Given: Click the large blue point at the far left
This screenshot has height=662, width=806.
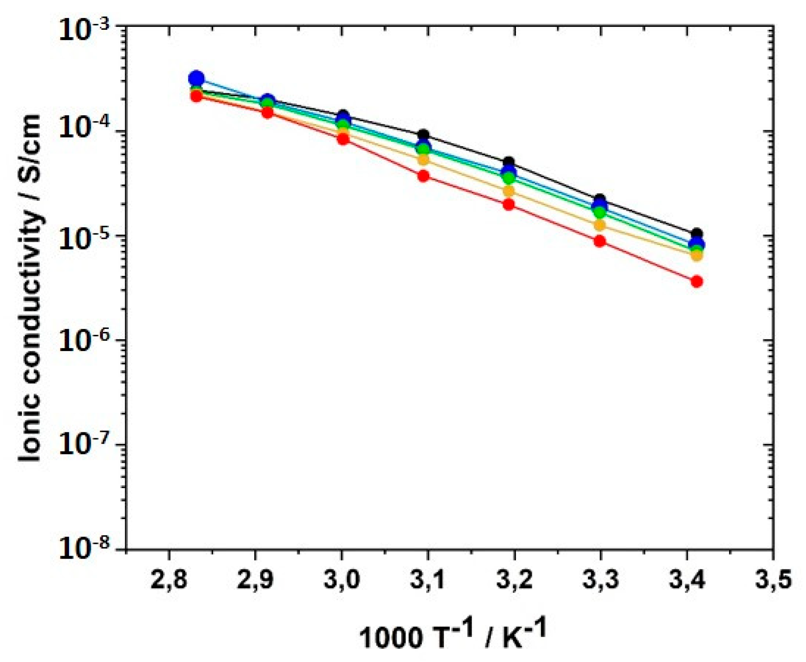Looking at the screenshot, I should coord(196,79).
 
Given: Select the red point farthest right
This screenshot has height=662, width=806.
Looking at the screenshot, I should coord(696,282).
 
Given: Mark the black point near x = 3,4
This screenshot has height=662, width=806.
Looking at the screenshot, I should coord(696,234).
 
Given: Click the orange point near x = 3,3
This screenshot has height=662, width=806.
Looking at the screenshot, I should coord(600,225).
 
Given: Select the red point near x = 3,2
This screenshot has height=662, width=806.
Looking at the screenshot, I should coord(509,205).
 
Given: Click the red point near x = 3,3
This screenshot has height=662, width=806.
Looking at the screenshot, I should coord(600,241).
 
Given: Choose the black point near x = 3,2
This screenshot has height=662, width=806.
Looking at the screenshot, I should coord(509,162).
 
